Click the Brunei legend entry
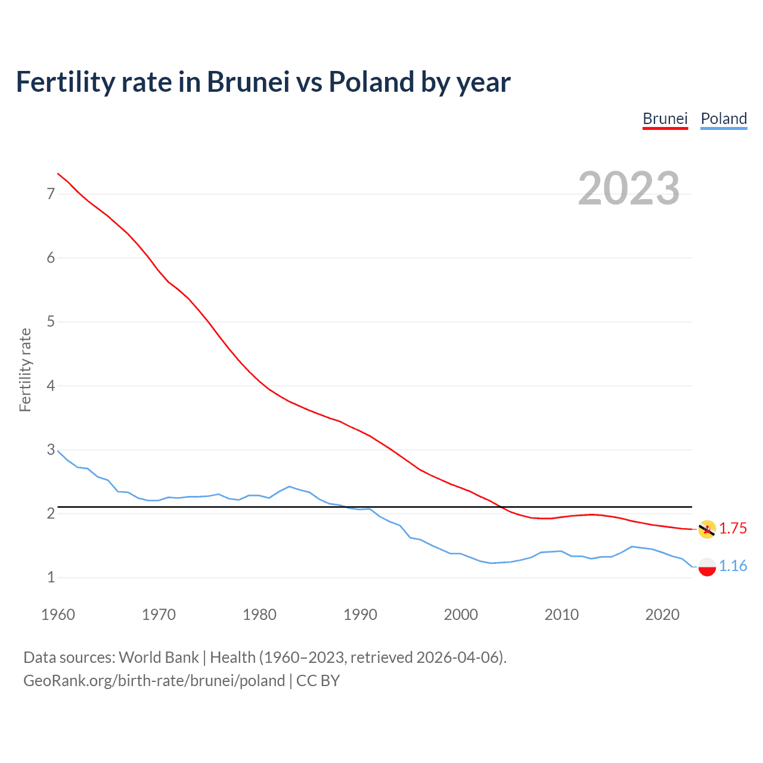(x=665, y=119)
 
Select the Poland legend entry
(x=724, y=119)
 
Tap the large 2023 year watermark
(x=629, y=188)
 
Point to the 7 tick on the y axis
(x=51, y=194)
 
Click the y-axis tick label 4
(x=51, y=386)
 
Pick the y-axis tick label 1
(x=51, y=577)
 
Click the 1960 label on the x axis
(x=58, y=615)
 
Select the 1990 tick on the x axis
(x=360, y=615)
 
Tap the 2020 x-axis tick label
(x=662, y=615)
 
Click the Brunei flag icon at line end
(x=707, y=529)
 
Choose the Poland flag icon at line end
(x=707, y=566)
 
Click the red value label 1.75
(x=733, y=529)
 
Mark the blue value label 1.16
(x=733, y=566)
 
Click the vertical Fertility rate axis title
(x=25, y=370)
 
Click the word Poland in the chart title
(x=372, y=82)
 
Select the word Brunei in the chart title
(x=248, y=82)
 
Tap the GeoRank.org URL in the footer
(x=154, y=681)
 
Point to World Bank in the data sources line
(x=159, y=657)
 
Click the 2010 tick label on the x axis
(x=562, y=615)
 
